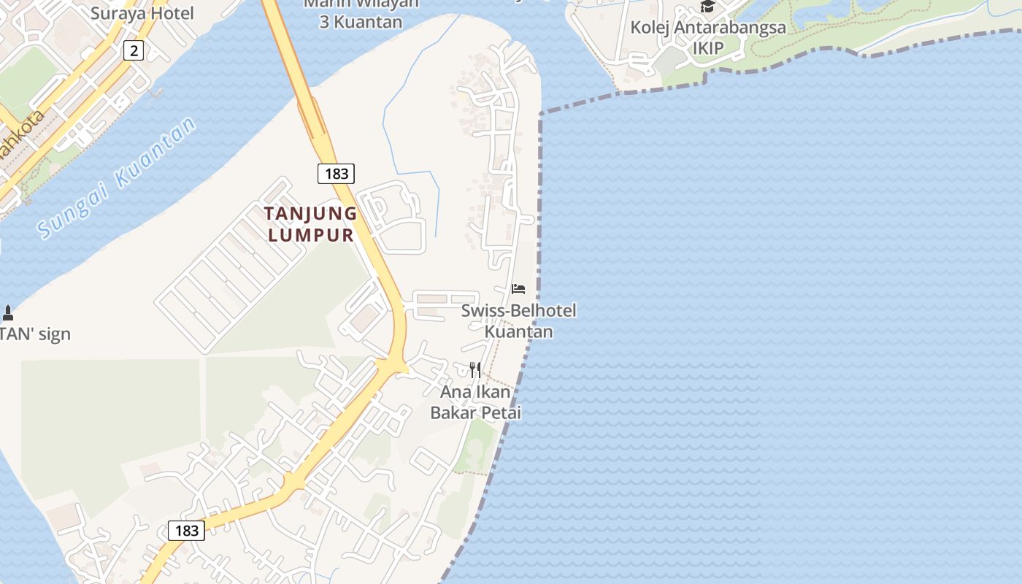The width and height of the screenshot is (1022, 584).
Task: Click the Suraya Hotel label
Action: (x=142, y=13)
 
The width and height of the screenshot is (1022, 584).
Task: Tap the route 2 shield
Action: (x=134, y=50)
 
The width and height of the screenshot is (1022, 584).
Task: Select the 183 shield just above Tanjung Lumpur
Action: (x=336, y=173)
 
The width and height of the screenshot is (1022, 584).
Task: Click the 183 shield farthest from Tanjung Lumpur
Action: (x=186, y=530)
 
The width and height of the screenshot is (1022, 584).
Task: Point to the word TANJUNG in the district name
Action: (x=310, y=214)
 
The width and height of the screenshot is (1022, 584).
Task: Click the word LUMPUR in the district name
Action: (x=310, y=235)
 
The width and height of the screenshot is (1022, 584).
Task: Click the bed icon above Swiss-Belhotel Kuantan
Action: (x=518, y=289)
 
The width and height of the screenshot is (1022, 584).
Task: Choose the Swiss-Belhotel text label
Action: (x=518, y=311)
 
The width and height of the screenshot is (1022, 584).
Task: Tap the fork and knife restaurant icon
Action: (x=475, y=369)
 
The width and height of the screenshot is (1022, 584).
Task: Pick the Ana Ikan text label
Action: (x=475, y=392)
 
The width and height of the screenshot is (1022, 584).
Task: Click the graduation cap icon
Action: (x=707, y=7)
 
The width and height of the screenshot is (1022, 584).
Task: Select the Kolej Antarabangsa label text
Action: (x=708, y=28)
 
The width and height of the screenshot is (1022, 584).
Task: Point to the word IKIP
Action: (x=708, y=48)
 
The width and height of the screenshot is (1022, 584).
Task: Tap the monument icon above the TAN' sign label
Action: (x=8, y=313)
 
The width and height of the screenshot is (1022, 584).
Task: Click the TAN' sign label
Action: (x=35, y=334)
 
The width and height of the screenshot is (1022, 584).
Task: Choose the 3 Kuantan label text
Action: (x=361, y=22)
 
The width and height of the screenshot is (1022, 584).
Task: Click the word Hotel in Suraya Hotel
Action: (x=172, y=13)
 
